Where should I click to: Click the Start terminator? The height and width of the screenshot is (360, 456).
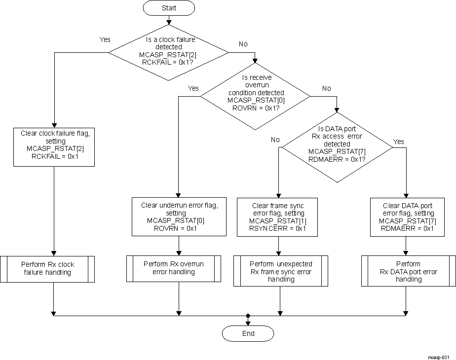[169, 8]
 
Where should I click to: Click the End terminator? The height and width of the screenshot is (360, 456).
[248, 333]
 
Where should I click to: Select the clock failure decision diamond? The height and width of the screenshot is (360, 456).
[168, 51]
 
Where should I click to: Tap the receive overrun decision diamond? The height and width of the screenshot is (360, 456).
[256, 96]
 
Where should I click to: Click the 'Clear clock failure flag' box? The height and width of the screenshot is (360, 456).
[53, 146]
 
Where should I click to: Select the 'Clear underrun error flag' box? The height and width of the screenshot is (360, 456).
[179, 216]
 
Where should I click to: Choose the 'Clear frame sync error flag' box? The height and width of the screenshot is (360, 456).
[277, 216]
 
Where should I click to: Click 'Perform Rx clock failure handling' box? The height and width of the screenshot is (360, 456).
[53, 268]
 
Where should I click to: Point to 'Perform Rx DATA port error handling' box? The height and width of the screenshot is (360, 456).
[408, 271]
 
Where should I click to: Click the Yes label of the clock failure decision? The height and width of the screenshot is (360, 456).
[105, 39]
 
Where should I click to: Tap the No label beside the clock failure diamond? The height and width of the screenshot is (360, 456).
[243, 44]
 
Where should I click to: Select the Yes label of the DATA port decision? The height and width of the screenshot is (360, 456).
[398, 142]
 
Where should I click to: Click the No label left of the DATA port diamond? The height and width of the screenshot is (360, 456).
[275, 140]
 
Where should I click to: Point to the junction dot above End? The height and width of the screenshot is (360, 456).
[248, 315]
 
